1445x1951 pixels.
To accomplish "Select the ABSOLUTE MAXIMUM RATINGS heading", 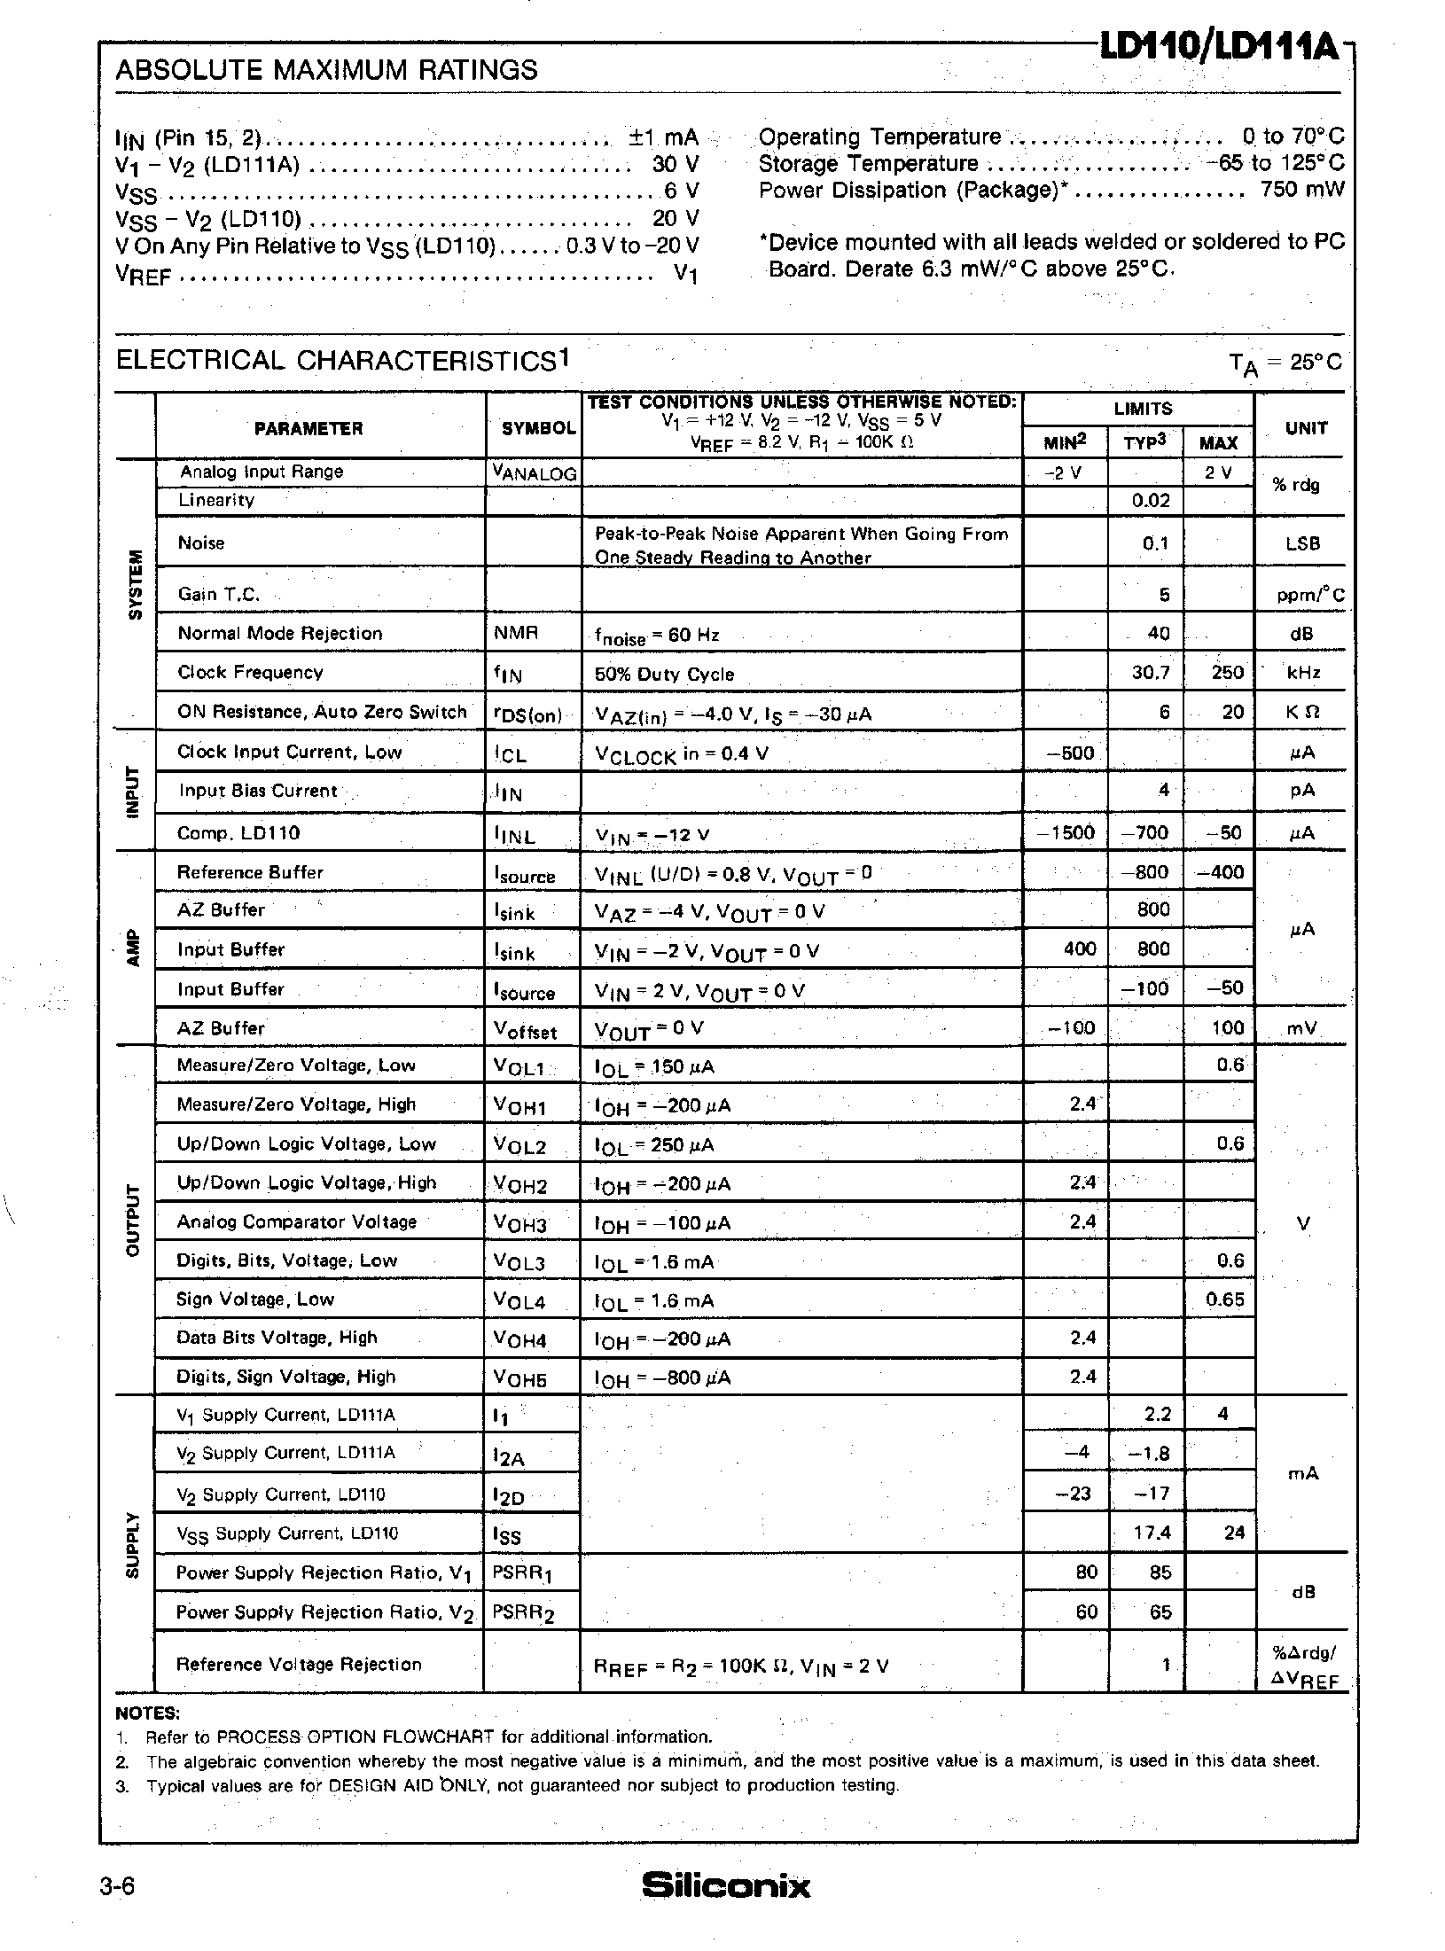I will tap(326, 70).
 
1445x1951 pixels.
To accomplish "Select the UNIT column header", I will tap(1306, 428).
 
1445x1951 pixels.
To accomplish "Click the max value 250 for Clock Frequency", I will tap(1227, 673).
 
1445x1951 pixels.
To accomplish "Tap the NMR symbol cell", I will tap(515, 633).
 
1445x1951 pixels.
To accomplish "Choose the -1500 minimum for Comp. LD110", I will tap(1066, 833).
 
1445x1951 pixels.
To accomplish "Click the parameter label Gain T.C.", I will tap(218, 594).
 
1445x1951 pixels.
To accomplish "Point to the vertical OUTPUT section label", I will tap(135, 1220).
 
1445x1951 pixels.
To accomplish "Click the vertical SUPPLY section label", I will tap(135, 1544).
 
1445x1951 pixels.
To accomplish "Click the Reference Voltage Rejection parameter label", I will tap(299, 1665).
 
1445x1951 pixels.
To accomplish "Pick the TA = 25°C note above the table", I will tap(1285, 362).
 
